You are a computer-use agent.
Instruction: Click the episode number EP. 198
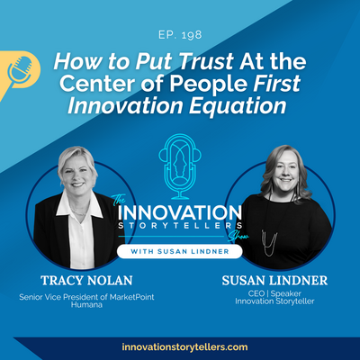click(180, 35)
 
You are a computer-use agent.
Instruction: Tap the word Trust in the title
click(205, 61)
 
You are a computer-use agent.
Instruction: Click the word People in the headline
click(209, 84)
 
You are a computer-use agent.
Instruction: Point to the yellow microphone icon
click(19, 71)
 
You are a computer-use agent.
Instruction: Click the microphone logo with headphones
click(180, 166)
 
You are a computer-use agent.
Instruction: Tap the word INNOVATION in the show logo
click(180, 212)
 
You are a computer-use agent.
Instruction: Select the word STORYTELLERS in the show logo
click(180, 226)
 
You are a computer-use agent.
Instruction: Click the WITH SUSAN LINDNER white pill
click(180, 251)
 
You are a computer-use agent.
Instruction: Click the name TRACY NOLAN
click(86, 281)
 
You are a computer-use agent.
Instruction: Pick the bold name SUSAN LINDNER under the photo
click(274, 281)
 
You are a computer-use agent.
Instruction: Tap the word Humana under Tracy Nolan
click(86, 305)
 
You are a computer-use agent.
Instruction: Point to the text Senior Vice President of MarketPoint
click(86, 297)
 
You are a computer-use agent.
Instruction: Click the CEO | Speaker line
click(274, 293)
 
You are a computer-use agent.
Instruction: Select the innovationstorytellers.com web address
click(184, 347)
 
